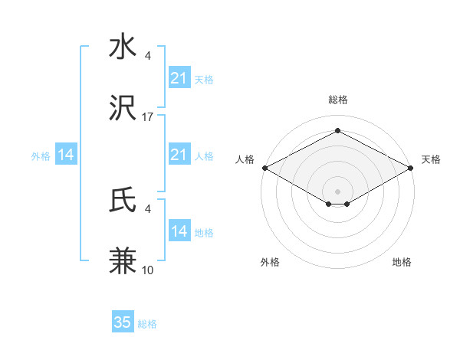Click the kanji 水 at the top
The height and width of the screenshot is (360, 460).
(123, 47)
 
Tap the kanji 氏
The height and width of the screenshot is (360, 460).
(123, 201)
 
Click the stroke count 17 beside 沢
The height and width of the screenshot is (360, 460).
(148, 117)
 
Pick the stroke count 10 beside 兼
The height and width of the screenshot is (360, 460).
(148, 270)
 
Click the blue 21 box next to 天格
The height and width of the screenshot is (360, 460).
(179, 78)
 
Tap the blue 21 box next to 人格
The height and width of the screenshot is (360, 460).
(179, 155)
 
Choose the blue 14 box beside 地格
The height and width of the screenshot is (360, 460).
(179, 231)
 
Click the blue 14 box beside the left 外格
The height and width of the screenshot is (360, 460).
(66, 155)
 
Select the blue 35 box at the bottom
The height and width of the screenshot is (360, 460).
(123, 322)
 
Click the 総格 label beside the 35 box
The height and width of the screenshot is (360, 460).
(148, 324)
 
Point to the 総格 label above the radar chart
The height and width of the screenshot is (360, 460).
(337, 100)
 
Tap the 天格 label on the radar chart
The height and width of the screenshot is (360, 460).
(431, 159)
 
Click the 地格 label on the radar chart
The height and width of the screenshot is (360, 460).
(402, 262)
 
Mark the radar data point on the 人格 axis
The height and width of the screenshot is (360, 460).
(264, 167)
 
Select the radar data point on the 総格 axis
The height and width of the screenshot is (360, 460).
(337, 130)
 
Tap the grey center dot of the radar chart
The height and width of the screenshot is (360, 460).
(337, 191)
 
